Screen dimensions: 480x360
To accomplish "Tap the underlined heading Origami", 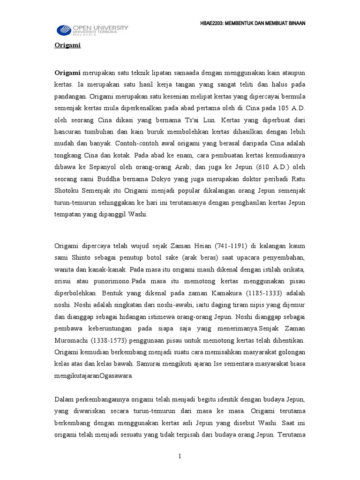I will (x=67, y=45).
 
